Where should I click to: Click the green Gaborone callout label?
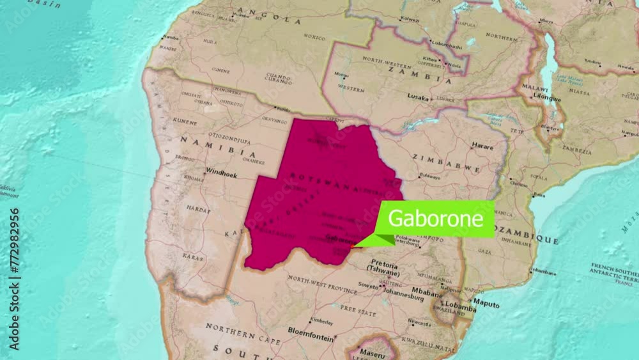click(436, 219)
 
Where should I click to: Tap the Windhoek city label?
click(220, 173)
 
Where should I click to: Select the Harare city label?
click(482, 146)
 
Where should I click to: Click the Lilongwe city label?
click(547, 98)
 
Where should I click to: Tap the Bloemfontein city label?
click(311, 331)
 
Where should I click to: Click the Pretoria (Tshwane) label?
click(385, 269)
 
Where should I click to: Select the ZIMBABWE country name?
click(445, 162)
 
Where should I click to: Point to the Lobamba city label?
click(461, 305)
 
